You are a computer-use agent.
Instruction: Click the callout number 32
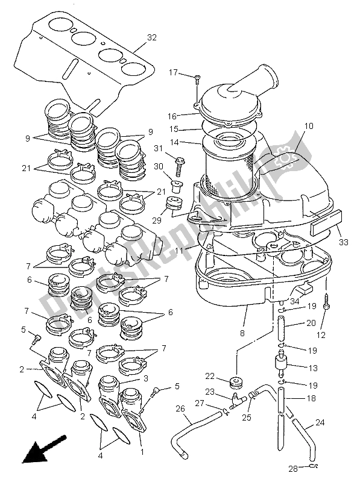pos(151,37)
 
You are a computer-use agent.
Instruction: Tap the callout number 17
pos(173,73)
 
